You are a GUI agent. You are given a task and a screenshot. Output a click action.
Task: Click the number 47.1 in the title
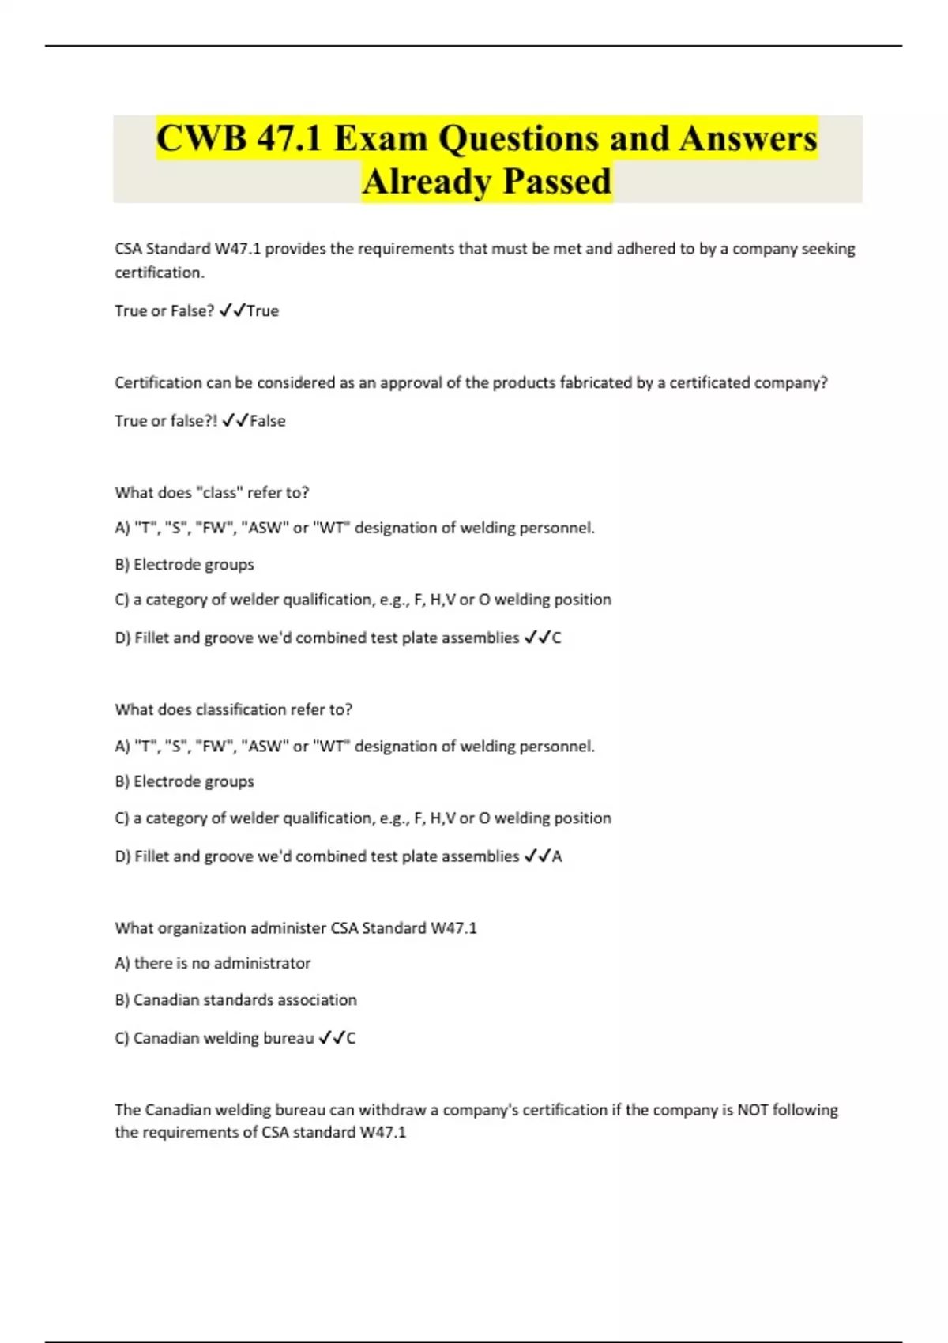pyautogui.click(x=289, y=139)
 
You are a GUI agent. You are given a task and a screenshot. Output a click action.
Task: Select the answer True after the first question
pyautogui.click(x=262, y=311)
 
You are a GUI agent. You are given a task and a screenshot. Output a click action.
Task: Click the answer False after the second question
pyautogui.click(x=267, y=421)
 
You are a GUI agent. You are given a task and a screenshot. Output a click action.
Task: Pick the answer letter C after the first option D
pyautogui.click(x=556, y=638)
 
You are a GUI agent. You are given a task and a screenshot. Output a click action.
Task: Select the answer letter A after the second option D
pyautogui.click(x=557, y=856)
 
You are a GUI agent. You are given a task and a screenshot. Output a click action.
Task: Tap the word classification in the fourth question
pyautogui.click(x=240, y=710)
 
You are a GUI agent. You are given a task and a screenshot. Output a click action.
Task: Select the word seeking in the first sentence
pyautogui.click(x=828, y=249)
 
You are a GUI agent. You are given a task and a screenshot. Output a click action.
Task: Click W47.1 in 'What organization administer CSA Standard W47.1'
pyautogui.click(x=453, y=928)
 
